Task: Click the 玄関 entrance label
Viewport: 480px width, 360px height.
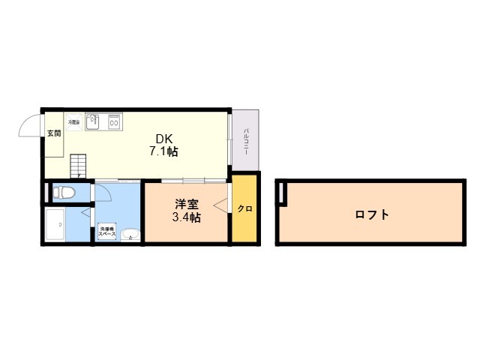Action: tap(53, 133)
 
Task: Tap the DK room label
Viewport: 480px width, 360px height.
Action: tap(163, 139)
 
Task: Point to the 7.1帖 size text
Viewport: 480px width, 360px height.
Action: tap(163, 151)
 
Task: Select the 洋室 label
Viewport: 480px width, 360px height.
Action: tap(187, 204)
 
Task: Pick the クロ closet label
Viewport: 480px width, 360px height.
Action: tap(244, 208)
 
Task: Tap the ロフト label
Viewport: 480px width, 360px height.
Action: tap(372, 214)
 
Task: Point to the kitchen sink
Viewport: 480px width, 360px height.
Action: tap(94, 121)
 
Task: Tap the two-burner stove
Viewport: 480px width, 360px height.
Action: tap(115, 121)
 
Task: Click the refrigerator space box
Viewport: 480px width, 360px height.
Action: tap(74, 121)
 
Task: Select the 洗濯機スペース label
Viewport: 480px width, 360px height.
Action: tap(106, 232)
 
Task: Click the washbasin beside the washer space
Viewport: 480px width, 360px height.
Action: tap(130, 233)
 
